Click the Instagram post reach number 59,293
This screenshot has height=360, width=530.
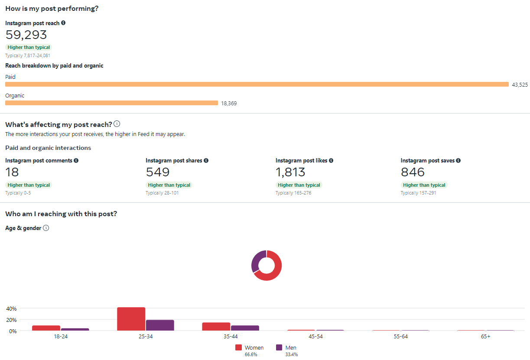point(26,35)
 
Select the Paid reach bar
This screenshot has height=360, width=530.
point(257,84)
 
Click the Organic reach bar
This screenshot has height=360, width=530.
point(111,103)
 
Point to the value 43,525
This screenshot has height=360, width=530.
point(520,84)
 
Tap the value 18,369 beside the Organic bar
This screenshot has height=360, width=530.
point(229,104)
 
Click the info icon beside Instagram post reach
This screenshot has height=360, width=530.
point(63,23)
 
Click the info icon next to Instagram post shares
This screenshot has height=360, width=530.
point(206,160)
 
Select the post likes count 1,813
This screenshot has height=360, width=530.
point(290,172)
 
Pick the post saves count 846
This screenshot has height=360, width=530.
point(413,172)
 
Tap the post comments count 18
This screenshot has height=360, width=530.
point(12,172)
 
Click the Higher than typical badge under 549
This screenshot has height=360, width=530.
point(169,185)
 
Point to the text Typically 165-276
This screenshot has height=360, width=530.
point(293,193)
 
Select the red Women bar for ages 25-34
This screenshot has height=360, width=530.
point(131,319)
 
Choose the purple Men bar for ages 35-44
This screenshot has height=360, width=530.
point(245,328)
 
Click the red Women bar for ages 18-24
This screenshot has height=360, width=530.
point(46,328)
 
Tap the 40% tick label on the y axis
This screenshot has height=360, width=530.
point(11,309)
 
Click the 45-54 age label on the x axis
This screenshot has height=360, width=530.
point(315,336)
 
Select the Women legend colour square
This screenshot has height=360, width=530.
point(238,347)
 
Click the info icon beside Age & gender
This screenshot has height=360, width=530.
point(46,228)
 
